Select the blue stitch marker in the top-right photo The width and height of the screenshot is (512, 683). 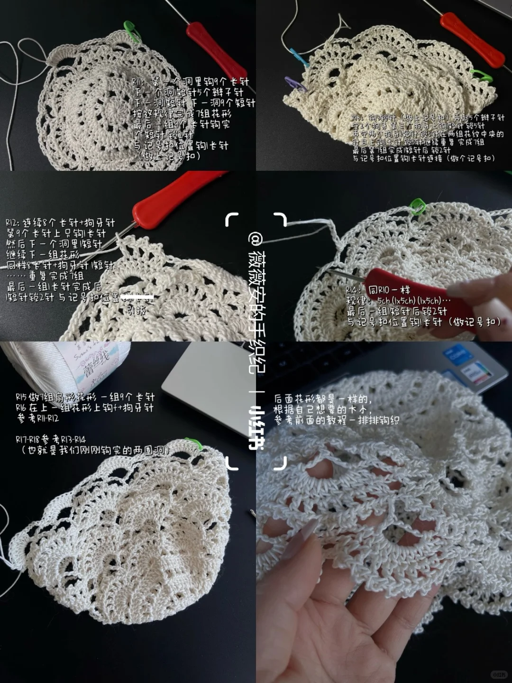(x=295, y=55)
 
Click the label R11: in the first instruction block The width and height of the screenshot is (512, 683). (x=140, y=82)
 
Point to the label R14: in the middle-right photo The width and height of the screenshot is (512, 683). (x=355, y=290)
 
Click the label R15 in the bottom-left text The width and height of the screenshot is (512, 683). (x=22, y=397)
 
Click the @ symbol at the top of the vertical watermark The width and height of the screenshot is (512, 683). (x=256, y=237)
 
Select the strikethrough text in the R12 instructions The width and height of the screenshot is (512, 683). (x=137, y=298)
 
